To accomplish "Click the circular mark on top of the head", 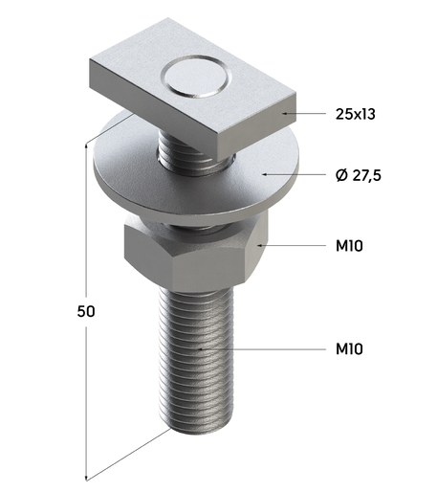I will pos(195,76).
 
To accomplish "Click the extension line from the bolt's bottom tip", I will pos(129,454).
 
